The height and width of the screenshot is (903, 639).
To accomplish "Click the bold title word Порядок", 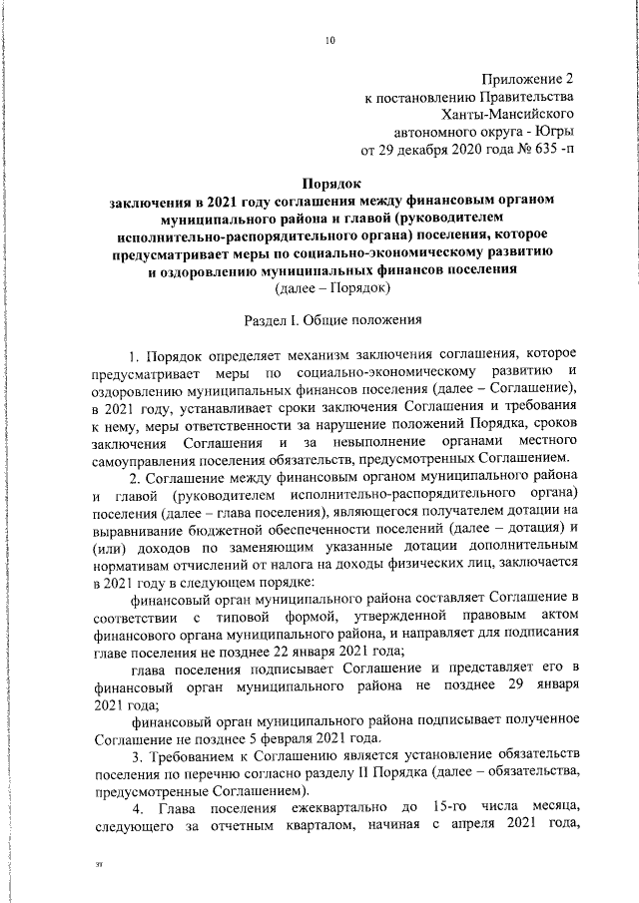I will click(x=330, y=183).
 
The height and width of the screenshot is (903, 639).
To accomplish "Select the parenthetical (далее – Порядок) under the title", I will click(x=331, y=290).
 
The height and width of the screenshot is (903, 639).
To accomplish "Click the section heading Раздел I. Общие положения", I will click(x=331, y=323).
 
